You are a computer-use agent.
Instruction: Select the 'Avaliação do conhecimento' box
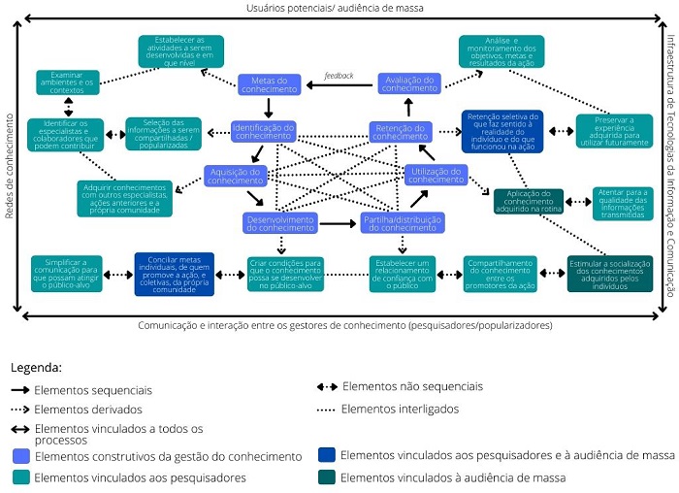pos(408,83)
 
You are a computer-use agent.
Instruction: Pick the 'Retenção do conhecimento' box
pos(400,131)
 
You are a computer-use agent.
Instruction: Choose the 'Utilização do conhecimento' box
pos(436,176)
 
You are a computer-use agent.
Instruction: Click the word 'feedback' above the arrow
pos(339,75)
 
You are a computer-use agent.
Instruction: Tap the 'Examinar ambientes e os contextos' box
pos(68,82)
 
